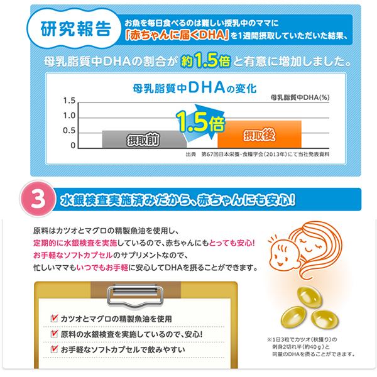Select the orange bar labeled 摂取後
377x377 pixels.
pos(260,134)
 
